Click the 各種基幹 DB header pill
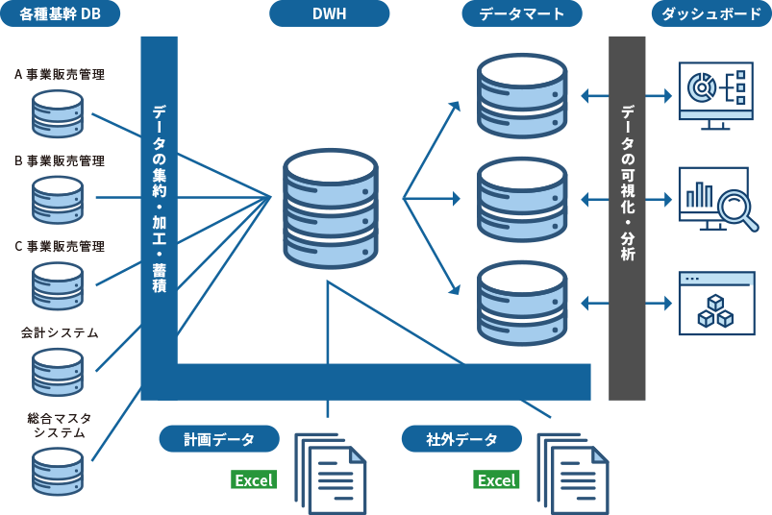pyautogui.click(x=61, y=13)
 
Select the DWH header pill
pyautogui.click(x=329, y=13)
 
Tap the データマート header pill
pyautogui.click(x=521, y=13)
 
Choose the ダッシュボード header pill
pyautogui.click(x=711, y=13)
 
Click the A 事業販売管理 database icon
pyautogui.click(x=58, y=113)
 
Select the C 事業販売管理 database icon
pyautogui.click(x=58, y=285)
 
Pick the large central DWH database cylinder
pyautogui.click(x=330, y=208)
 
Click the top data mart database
pyautogui.click(x=522, y=95)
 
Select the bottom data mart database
pyautogui.click(x=522, y=303)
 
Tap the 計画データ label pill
pyautogui.click(x=219, y=439)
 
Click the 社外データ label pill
pyautogui.click(x=461, y=439)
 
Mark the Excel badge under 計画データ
pyautogui.click(x=254, y=480)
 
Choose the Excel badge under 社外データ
pyautogui.click(x=496, y=480)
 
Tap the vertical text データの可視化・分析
pyautogui.click(x=627, y=183)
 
